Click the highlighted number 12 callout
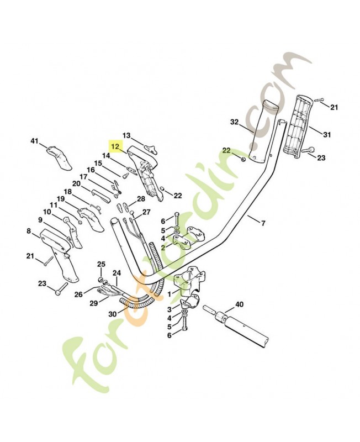tap(116, 146)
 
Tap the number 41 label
tap(35, 141)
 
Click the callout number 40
tap(239, 304)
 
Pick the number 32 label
tap(234, 122)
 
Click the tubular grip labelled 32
tap(264, 131)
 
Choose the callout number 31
tap(327, 135)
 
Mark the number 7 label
tap(263, 224)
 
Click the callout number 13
tap(126, 135)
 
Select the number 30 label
tap(113, 314)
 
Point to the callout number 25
tap(102, 265)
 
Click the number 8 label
tap(29, 231)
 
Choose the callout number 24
tap(117, 273)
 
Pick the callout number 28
tap(141, 199)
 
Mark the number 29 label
tap(94, 303)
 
